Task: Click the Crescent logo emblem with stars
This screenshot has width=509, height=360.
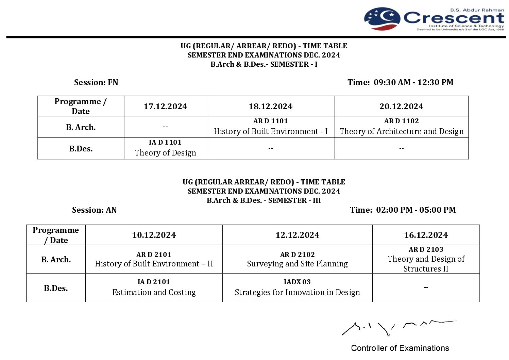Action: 382,19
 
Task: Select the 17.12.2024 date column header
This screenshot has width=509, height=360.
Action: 165,107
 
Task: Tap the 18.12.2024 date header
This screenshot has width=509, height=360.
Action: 270,107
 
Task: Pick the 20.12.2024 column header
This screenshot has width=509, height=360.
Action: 401,107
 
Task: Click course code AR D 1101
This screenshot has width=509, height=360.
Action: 270,121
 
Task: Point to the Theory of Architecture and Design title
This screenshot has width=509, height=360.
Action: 401,131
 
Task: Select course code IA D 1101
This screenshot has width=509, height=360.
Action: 165,143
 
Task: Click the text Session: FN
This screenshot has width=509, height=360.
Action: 96,82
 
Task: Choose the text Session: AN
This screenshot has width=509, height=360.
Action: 95,210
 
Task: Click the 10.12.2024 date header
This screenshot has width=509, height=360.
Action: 154,235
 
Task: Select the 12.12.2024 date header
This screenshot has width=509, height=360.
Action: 297,235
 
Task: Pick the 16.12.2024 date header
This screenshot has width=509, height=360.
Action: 426,235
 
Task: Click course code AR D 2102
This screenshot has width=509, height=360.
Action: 297,255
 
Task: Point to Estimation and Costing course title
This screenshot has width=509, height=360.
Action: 154,292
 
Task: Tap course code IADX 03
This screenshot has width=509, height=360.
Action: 297,282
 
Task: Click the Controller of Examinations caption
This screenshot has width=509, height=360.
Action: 400,348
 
